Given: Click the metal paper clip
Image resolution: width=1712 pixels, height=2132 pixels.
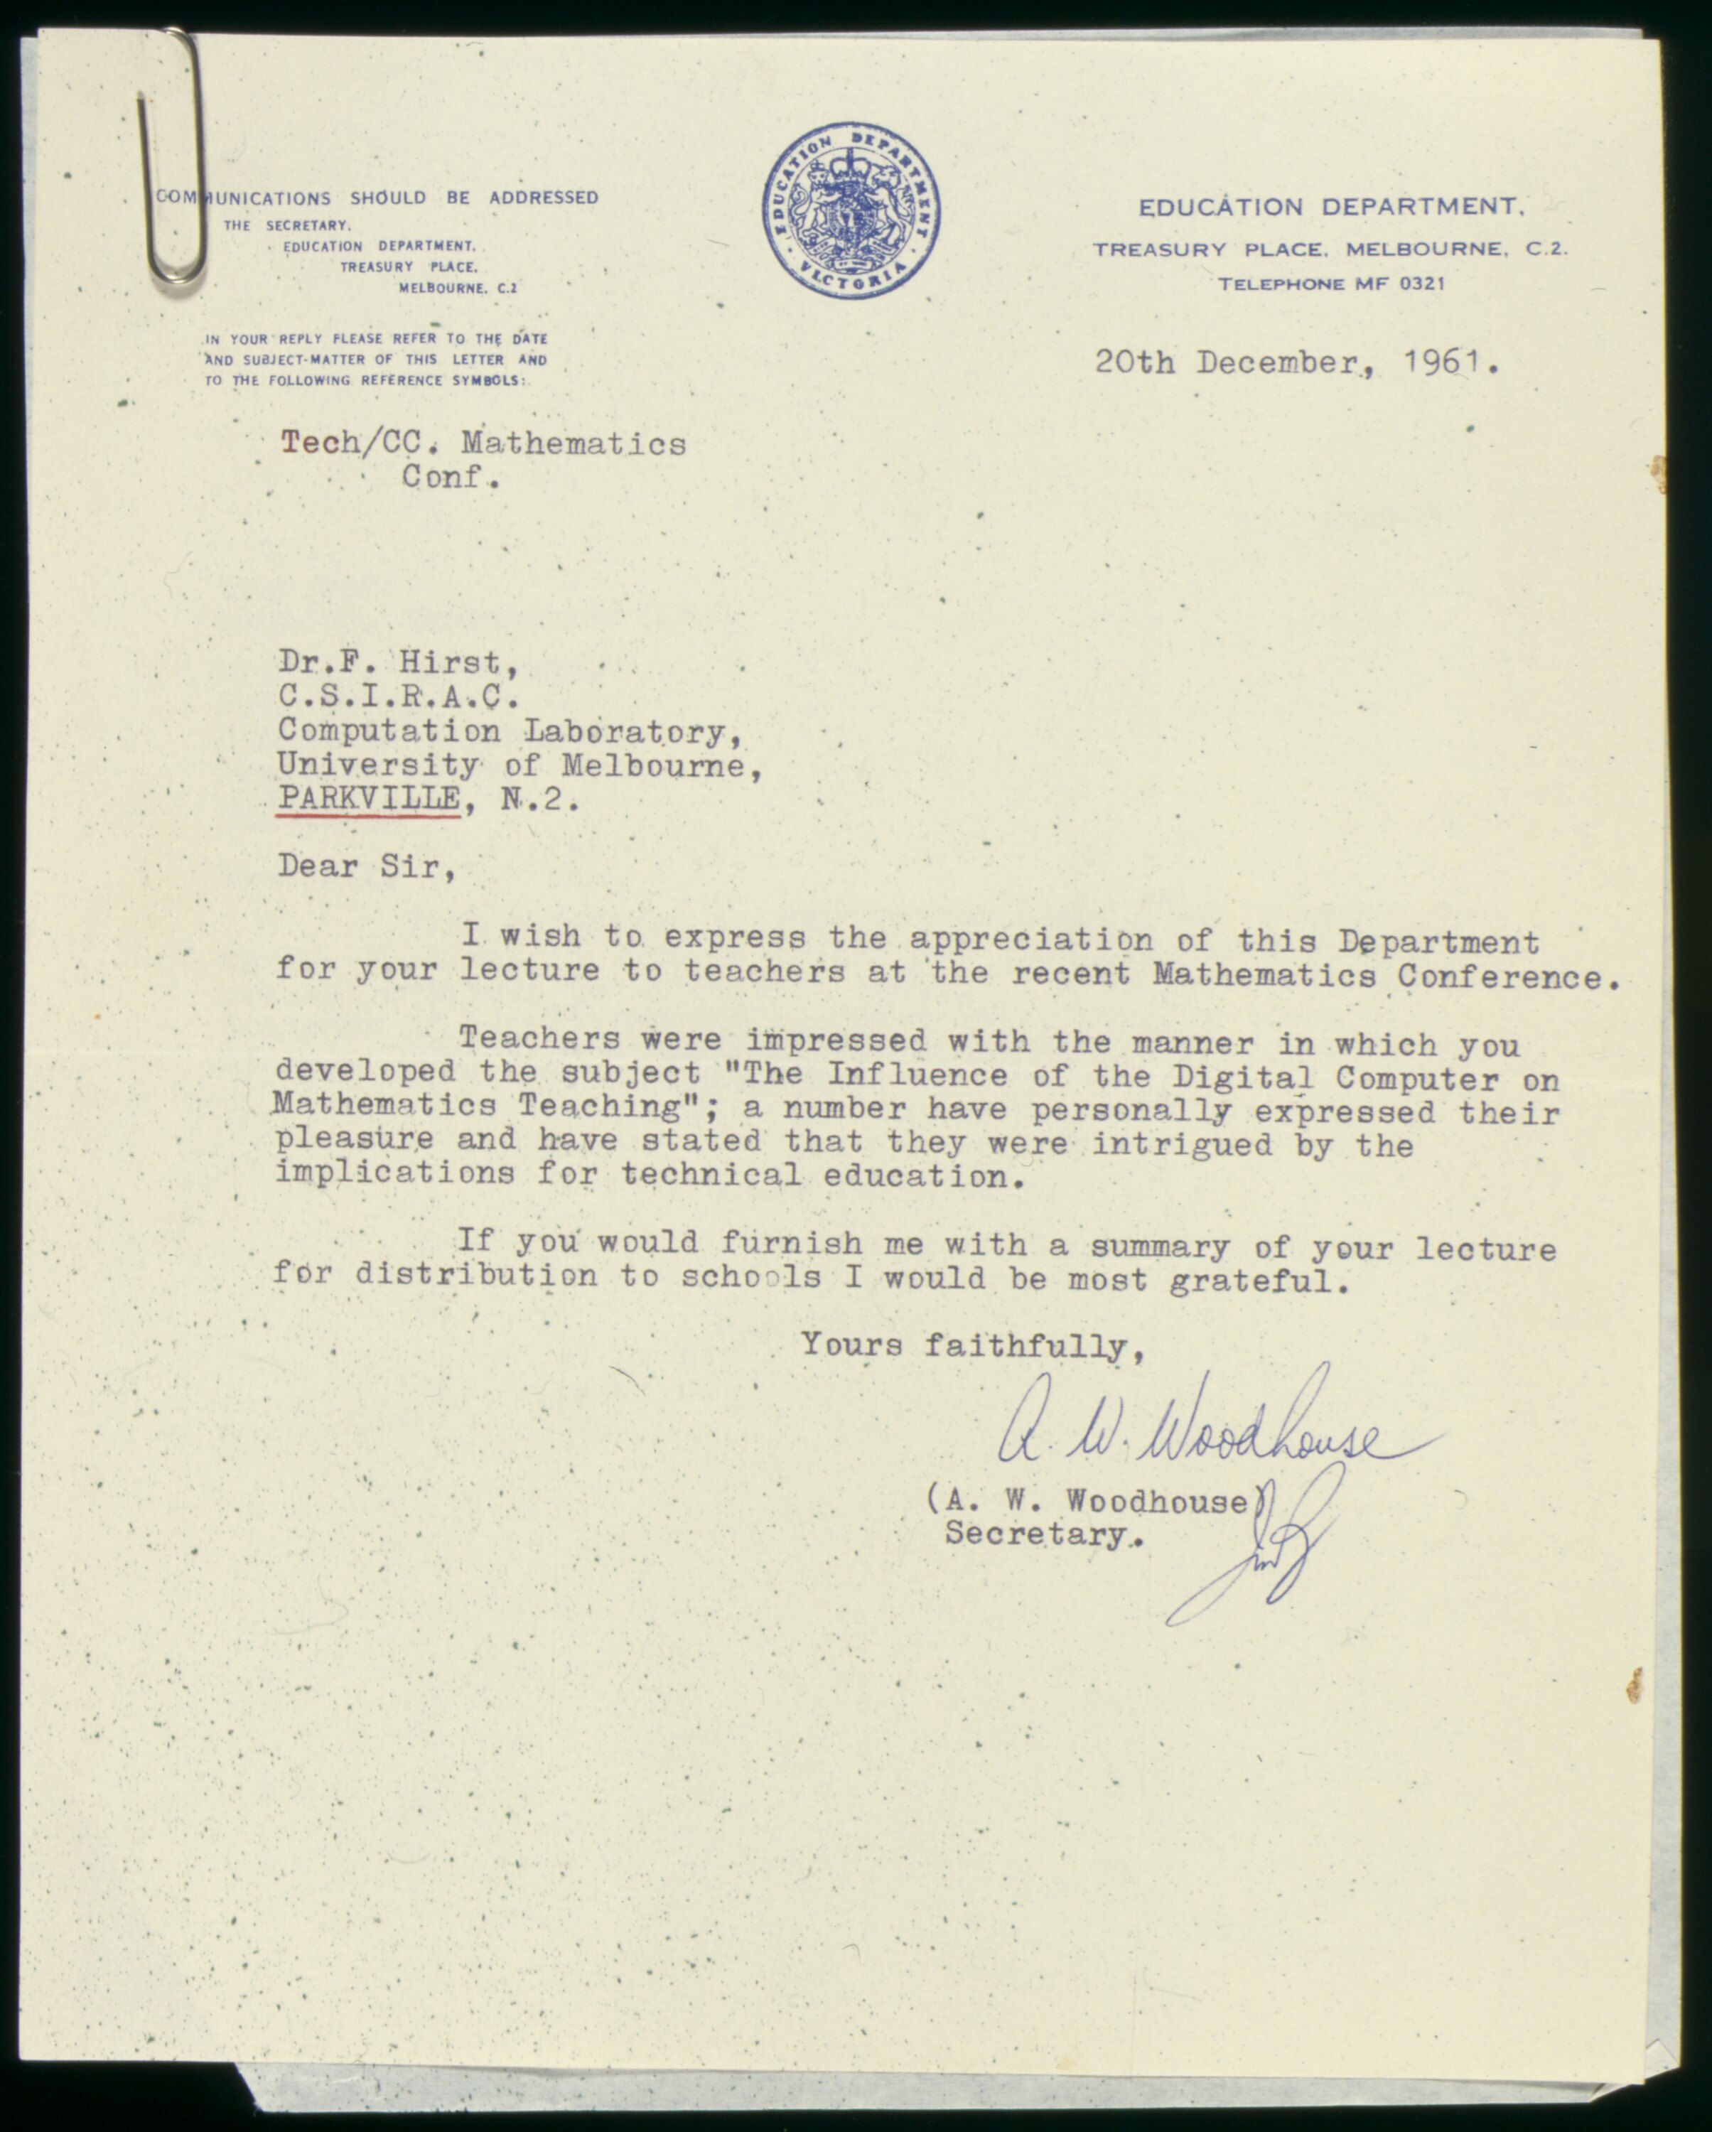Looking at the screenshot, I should click(176, 158).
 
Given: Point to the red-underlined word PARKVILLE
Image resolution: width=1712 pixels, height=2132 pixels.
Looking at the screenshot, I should click(369, 797).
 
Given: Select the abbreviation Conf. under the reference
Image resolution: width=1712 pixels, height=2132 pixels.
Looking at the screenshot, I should click(444, 478).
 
